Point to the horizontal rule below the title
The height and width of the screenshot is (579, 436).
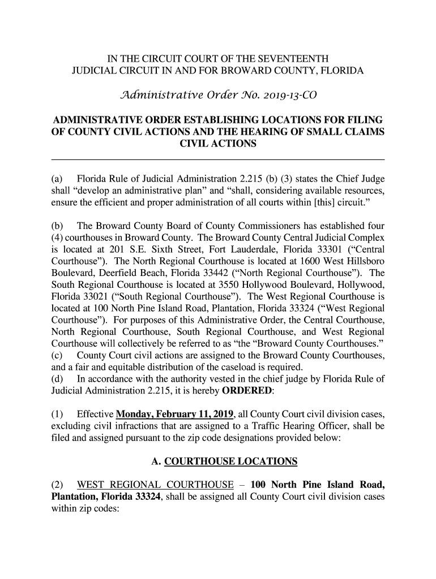pyautogui.click(x=218, y=160)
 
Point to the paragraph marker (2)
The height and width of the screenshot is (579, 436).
pyautogui.click(x=58, y=485)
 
